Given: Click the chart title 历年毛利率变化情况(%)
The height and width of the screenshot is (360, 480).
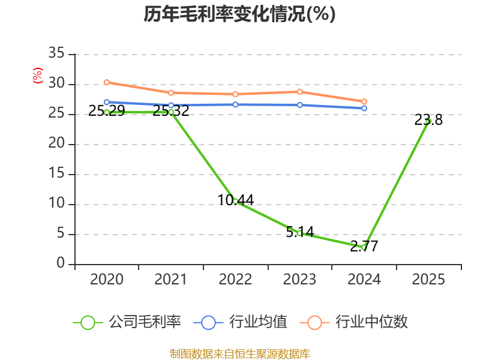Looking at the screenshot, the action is point(239,14).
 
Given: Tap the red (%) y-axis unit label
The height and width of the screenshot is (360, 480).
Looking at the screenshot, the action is point(38,76).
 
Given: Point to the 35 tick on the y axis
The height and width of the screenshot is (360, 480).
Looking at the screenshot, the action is point(56,53).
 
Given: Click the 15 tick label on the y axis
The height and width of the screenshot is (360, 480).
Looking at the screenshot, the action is point(56,173).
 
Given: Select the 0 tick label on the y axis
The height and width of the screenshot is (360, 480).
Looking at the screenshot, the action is point(61,263).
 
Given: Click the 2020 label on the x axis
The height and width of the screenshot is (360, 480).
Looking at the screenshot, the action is point(107,280).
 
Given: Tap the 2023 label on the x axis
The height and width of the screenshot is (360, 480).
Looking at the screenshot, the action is point(299,280).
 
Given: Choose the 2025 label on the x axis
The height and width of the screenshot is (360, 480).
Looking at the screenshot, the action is point(428,280).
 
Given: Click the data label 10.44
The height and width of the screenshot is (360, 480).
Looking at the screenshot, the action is point(235,200).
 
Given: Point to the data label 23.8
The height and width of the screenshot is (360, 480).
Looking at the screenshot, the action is point(428,119).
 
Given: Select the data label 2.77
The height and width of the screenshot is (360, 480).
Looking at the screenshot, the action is point(364,246).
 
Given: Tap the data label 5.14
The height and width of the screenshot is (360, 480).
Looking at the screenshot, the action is point(300,232).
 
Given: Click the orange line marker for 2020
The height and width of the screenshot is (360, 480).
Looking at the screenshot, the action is point(107,82).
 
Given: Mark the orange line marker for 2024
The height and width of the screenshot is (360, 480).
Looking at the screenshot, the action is point(364,101).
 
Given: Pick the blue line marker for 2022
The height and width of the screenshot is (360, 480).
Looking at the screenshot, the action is point(235,104).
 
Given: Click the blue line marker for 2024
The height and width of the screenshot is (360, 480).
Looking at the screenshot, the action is point(364,109).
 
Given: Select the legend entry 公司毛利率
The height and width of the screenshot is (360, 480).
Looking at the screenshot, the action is point(127,322).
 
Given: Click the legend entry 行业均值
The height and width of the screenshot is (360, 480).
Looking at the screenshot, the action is point(241,322).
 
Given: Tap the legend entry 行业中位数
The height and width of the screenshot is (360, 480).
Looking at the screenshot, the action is point(353,322).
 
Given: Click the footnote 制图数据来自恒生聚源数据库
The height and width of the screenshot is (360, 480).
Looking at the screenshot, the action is point(239,354).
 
